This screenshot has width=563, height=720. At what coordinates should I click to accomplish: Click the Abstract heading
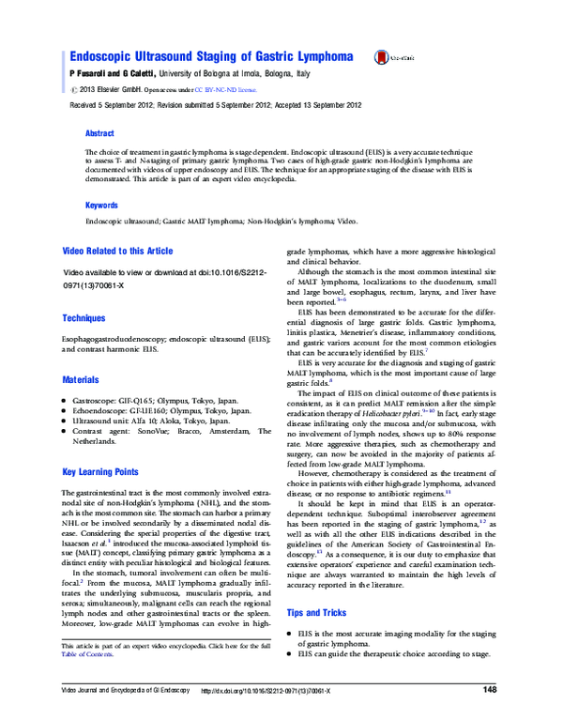point(99,134)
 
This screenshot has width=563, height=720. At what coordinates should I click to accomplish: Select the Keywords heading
point(102,205)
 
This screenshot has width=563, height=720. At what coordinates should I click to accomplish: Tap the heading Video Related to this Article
point(117,252)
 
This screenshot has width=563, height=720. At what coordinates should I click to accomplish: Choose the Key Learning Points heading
point(100,472)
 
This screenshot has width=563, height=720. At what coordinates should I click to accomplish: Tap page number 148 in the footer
point(489,690)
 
